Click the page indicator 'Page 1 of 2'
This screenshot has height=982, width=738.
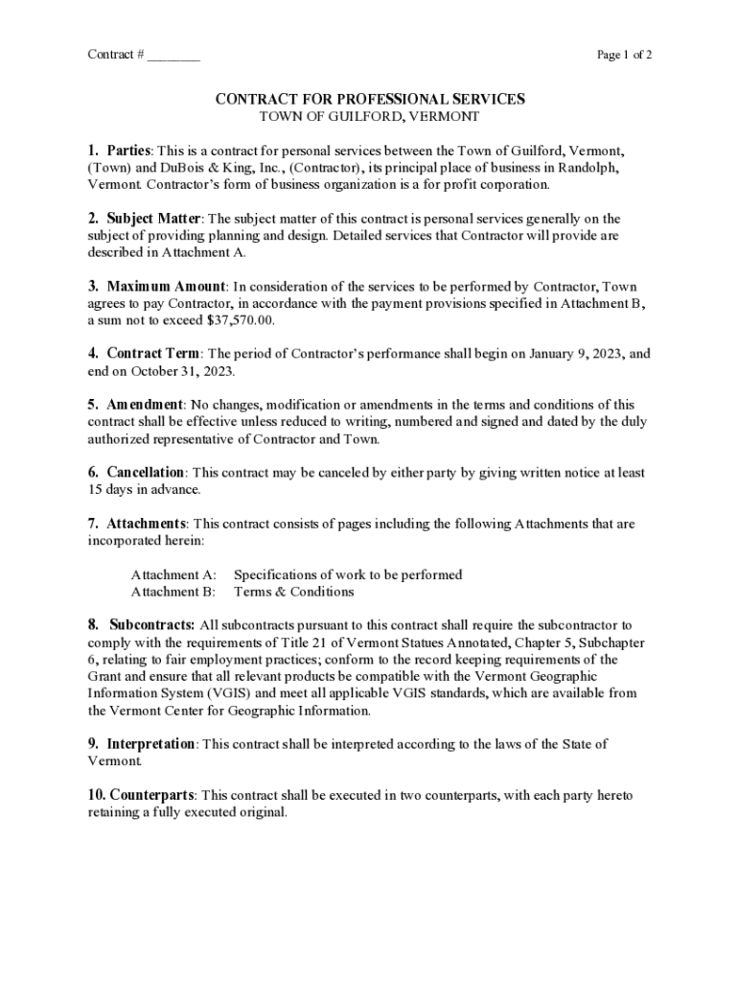pyautogui.click(x=624, y=55)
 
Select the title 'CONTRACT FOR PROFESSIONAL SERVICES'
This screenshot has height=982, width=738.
pyautogui.click(x=369, y=99)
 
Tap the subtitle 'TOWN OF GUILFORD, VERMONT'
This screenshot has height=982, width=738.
pyautogui.click(x=369, y=116)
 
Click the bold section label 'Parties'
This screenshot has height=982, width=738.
pyautogui.click(x=128, y=151)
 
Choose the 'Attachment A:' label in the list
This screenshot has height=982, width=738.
pyautogui.click(x=173, y=574)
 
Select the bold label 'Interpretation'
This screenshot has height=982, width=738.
pyautogui.click(x=150, y=744)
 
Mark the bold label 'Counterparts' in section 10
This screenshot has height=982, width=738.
pyautogui.click(x=152, y=796)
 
